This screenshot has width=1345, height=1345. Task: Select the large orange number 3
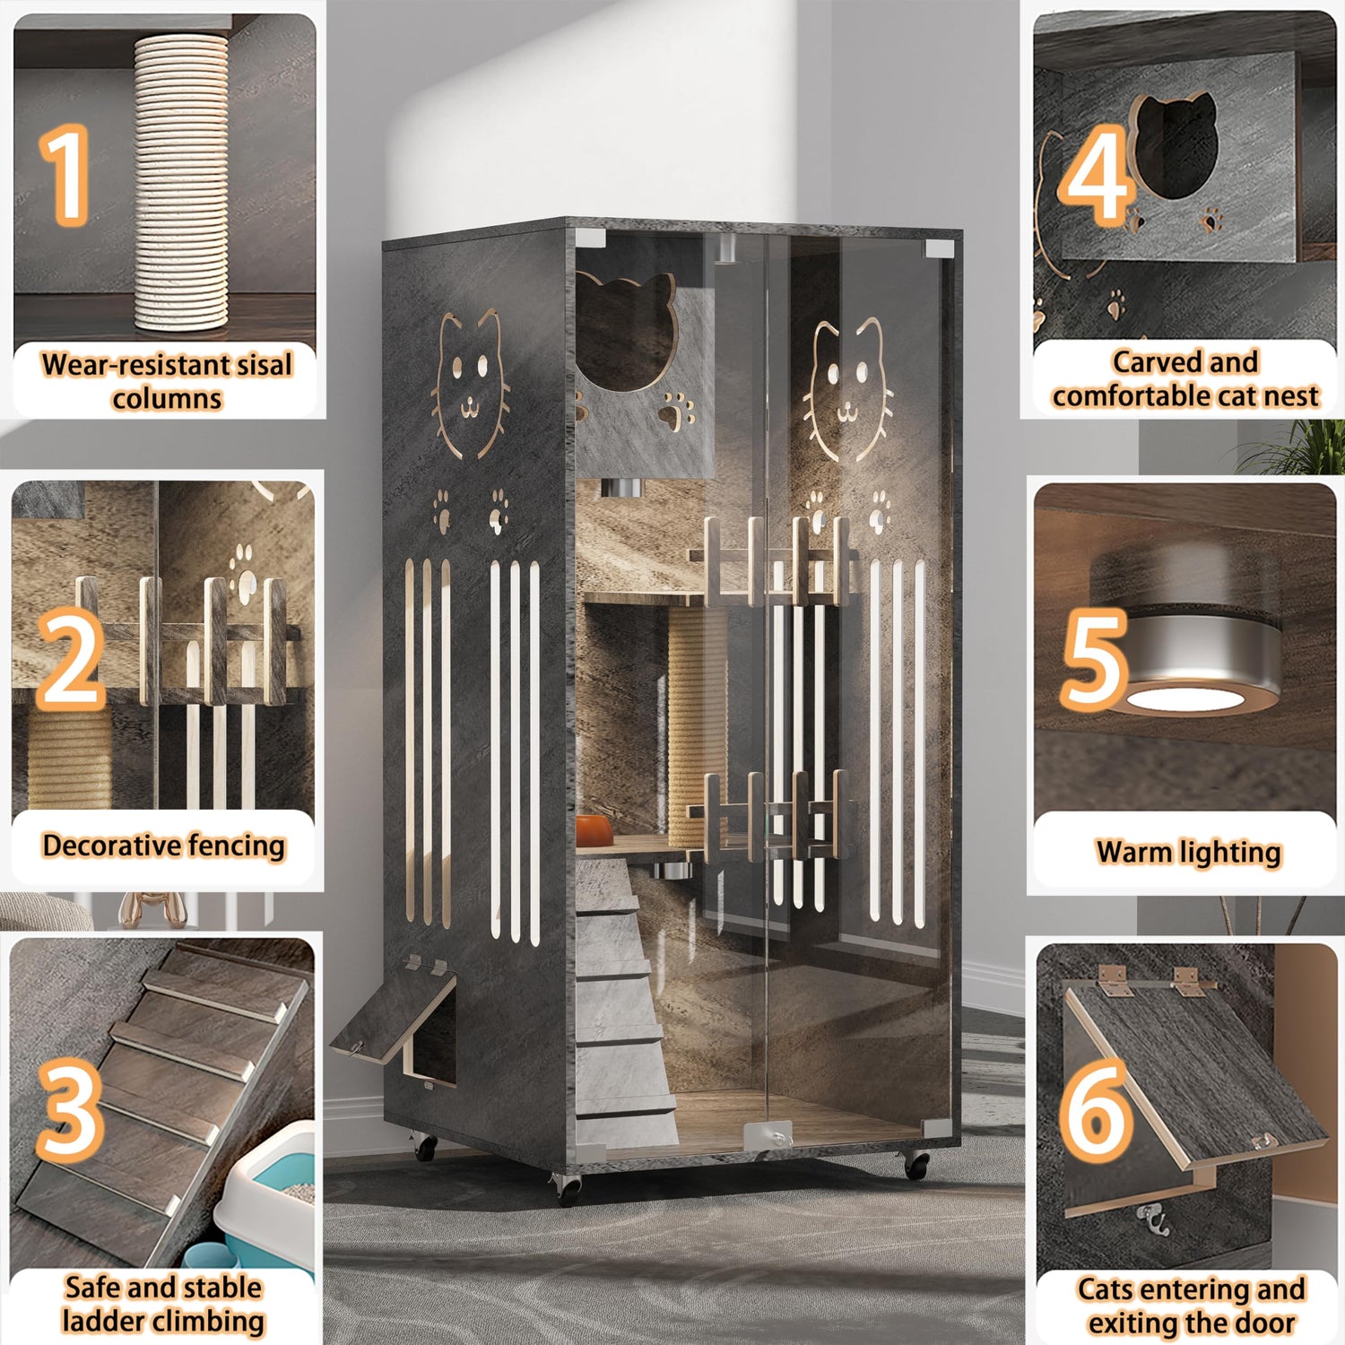pos(70,1109)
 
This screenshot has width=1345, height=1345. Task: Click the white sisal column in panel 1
pos(180,183)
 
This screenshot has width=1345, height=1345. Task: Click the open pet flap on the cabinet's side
pos(394,1012)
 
